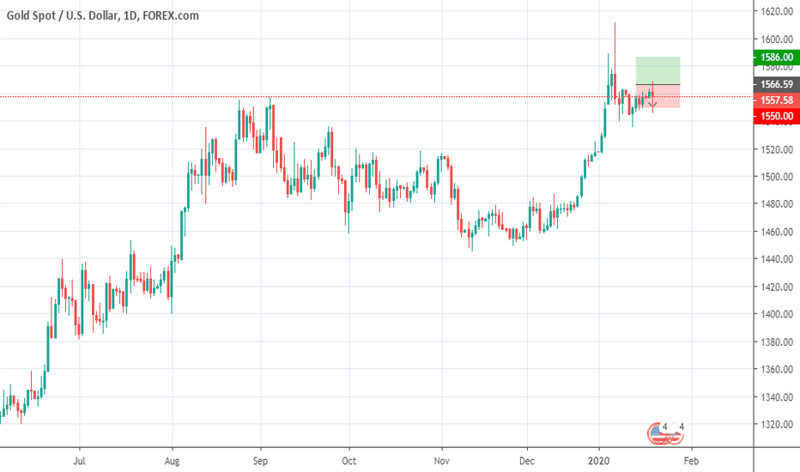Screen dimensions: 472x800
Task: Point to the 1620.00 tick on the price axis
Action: tap(775, 11)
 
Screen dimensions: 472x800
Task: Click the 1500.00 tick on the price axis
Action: tap(775, 177)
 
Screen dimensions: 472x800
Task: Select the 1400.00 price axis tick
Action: tap(775, 314)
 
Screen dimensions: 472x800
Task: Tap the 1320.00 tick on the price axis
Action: tap(775, 424)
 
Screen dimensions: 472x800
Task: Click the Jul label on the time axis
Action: tap(79, 459)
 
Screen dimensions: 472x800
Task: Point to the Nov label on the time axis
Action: tap(442, 459)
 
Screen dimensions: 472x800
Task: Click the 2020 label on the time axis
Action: tap(599, 459)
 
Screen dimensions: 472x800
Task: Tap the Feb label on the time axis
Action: tap(691, 459)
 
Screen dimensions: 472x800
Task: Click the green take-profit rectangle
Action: tap(658, 70)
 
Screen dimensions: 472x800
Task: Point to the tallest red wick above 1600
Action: tap(615, 39)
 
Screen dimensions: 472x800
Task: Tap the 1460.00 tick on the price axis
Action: tap(775, 232)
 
